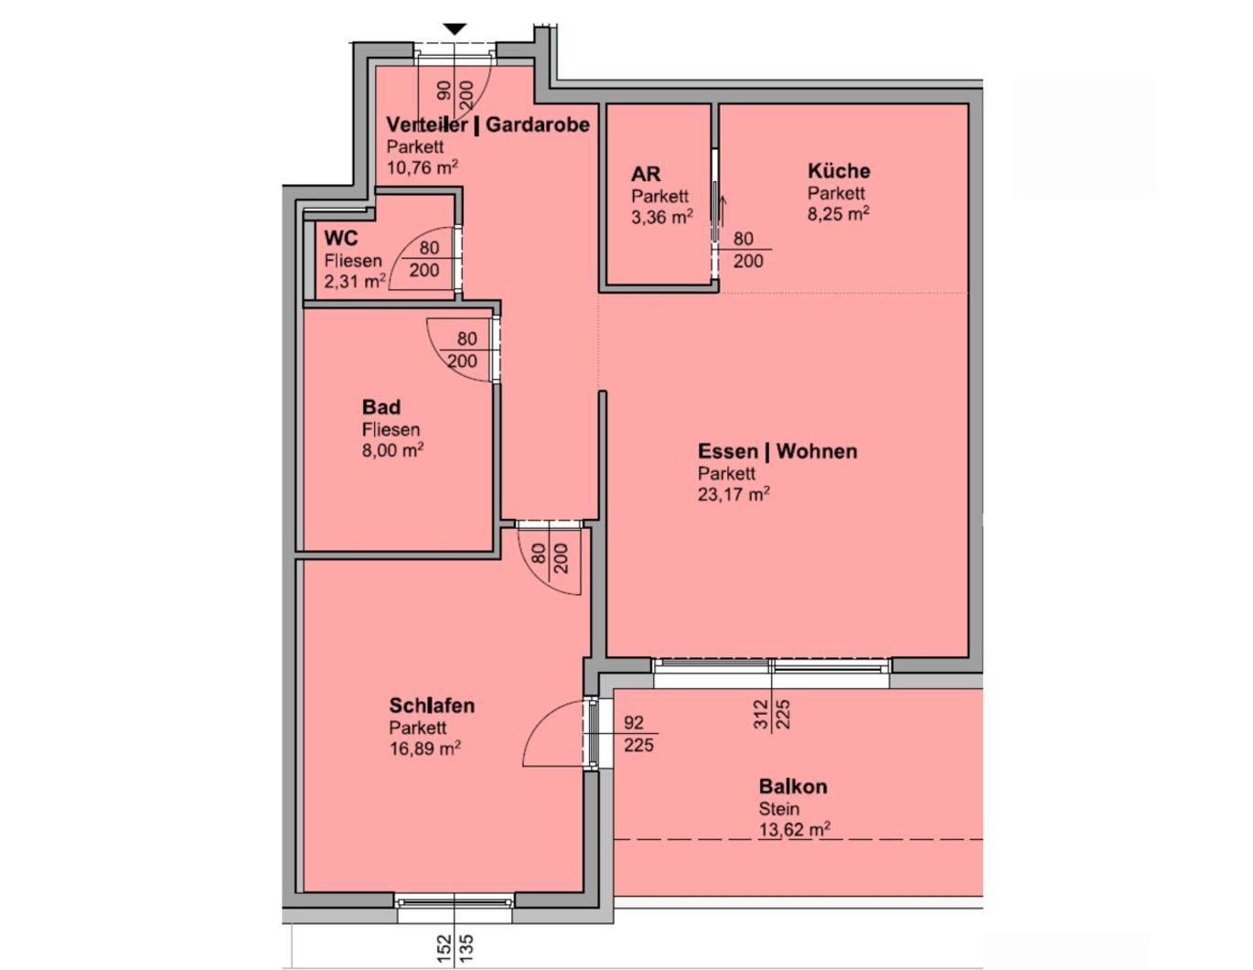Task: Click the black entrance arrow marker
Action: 455,29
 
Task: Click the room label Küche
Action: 839,171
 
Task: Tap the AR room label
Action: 645,174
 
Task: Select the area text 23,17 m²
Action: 734,494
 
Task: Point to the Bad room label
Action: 381,407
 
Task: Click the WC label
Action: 341,238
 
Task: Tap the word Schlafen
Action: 432,706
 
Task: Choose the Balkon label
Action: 793,786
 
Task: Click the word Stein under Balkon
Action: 779,808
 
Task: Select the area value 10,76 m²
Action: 423,167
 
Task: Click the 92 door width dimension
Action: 634,722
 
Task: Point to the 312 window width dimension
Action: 762,714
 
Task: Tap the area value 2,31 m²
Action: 355,282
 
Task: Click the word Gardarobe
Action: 538,124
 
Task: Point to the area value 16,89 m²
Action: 425,749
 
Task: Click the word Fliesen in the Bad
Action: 391,429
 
